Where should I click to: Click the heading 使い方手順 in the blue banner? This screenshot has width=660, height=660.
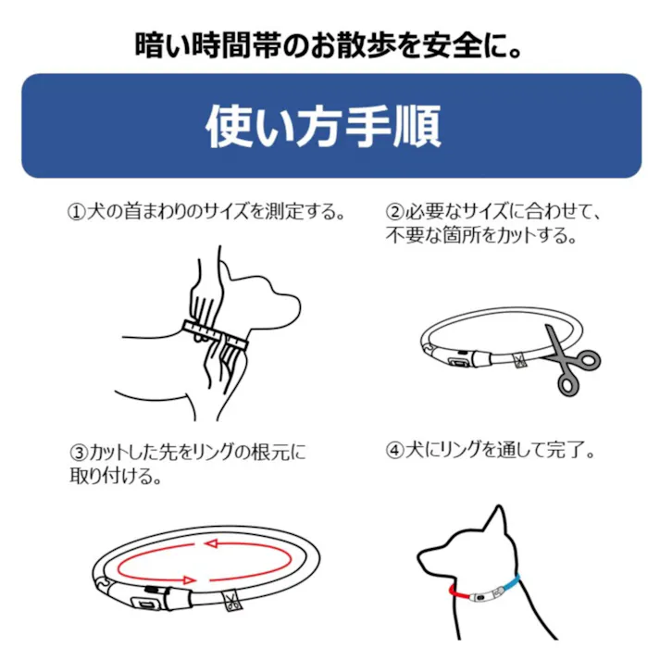pyautogui.click(x=323, y=126)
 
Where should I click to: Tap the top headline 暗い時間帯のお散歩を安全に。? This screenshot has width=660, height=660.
pyautogui.click(x=329, y=45)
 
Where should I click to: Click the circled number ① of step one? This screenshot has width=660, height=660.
pyautogui.click(x=76, y=212)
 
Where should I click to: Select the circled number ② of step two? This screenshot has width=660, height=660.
pyautogui.click(x=394, y=212)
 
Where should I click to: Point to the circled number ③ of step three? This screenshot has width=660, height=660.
pyautogui.click(x=79, y=454)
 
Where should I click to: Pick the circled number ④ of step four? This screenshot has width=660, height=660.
pyautogui.click(x=394, y=451)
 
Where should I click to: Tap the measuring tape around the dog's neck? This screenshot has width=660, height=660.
pyautogui.click(x=215, y=335)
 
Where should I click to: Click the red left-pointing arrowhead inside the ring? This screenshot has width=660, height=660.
pyautogui.click(x=210, y=543)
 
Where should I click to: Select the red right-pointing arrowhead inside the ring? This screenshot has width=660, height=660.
pyautogui.click(x=190, y=580)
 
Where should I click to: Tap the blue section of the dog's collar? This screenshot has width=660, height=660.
pyautogui.click(x=510, y=583)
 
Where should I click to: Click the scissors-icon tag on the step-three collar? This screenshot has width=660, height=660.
pyautogui.click(x=230, y=600)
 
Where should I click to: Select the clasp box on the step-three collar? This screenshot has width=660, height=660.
pyautogui.click(x=145, y=604)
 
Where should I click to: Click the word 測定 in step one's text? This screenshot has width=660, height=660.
pyautogui.click(x=283, y=212)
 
